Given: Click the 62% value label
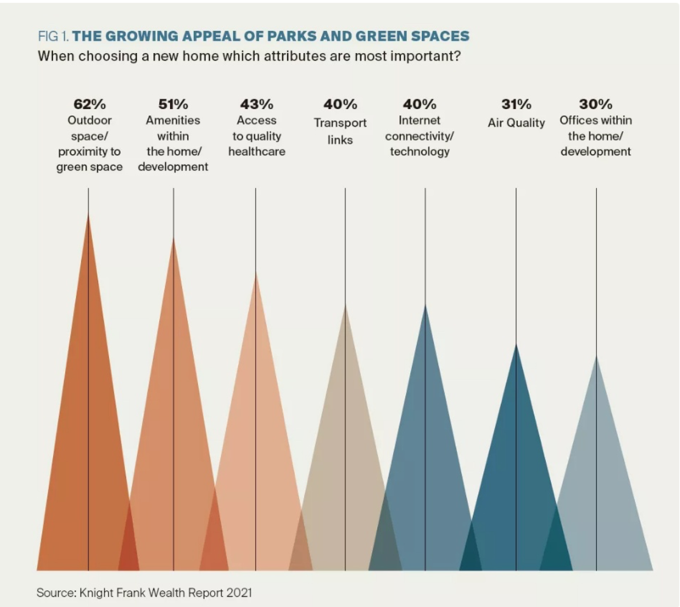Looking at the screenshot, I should (89, 104).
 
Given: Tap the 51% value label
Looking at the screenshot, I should (173, 104).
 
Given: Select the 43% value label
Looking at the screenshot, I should (257, 104).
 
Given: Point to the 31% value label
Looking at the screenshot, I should (516, 104).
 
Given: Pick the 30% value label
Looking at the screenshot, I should (595, 104).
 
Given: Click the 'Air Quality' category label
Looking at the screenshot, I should (516, 123).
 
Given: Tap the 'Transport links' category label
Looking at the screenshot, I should (340, 131).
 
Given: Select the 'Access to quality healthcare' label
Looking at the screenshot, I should (257, 136).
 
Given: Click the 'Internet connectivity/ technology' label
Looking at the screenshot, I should (419, 136).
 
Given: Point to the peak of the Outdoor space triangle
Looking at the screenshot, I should (88, 214).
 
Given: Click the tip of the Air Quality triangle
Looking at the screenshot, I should (516, 345).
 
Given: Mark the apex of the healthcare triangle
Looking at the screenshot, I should (256, 273).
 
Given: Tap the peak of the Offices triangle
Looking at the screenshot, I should (596, 356).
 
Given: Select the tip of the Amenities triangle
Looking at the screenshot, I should (174, 239).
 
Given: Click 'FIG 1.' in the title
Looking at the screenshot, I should (54, 36).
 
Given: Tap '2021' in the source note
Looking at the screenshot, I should (239, 593).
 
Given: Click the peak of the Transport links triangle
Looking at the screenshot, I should (345, 305).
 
